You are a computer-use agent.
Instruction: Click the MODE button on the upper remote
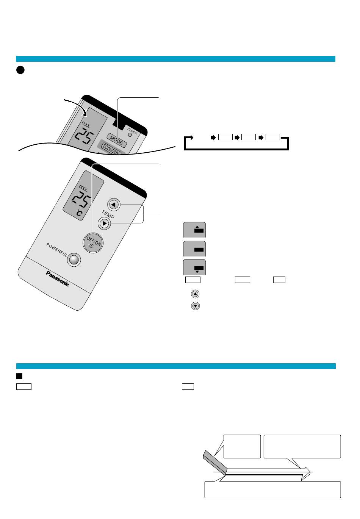click(x=117, y=141)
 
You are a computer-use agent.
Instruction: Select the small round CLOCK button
click(x=130, y=135)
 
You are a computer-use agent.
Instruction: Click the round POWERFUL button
click(x=74, y=259)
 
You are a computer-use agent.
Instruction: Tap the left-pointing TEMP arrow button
click(x=114, y=205)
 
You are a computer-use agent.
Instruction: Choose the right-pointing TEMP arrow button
click(x=104, y=224)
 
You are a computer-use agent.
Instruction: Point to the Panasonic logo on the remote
click(x=58, y=278)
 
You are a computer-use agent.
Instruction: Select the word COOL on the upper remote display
click(x=86, y=125)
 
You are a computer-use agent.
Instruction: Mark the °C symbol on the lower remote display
click(x=79, y=213)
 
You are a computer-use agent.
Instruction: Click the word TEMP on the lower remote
click(x=108, y=214)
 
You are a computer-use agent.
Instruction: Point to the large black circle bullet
click(x=20, y=70)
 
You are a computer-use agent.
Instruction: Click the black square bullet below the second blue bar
click(x=19, y=376)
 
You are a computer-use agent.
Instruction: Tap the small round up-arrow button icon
click(x=195, y=294)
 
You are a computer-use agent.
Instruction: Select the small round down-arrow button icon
click(x=196, y=306)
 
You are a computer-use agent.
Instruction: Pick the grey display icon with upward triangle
click(x=194, y=230)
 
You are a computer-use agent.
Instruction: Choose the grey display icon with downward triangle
click(x=194, y=267)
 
